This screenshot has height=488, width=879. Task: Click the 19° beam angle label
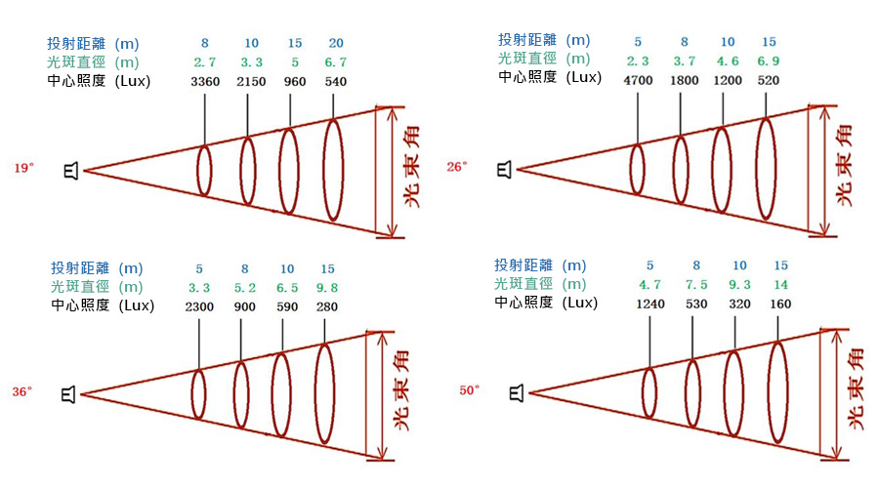tap(23, 168)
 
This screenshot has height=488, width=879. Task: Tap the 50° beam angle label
tap(470, 390)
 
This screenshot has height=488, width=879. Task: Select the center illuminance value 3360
tap(205, 81)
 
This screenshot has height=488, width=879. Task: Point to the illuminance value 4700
tap(637, 80)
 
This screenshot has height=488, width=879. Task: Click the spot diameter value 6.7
tap(335, 62)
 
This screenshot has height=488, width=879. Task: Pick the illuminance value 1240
tap(649, 304)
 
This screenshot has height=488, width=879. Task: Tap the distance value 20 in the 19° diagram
tap(335, 43)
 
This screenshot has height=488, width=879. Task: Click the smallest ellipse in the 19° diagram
tap(204, 170)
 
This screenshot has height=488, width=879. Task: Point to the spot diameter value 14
tap(780, 284)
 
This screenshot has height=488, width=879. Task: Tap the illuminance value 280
tap(327, 306)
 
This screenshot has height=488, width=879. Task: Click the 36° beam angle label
tap(23, 391)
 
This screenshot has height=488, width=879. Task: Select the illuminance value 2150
tap(251, 81)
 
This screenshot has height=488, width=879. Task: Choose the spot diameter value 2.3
tap(637, 61)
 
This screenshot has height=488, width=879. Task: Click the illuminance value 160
tap(780, 304)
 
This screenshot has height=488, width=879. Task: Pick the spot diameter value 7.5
tap(695, 284)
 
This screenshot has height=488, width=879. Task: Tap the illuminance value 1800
tap(684, 80)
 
